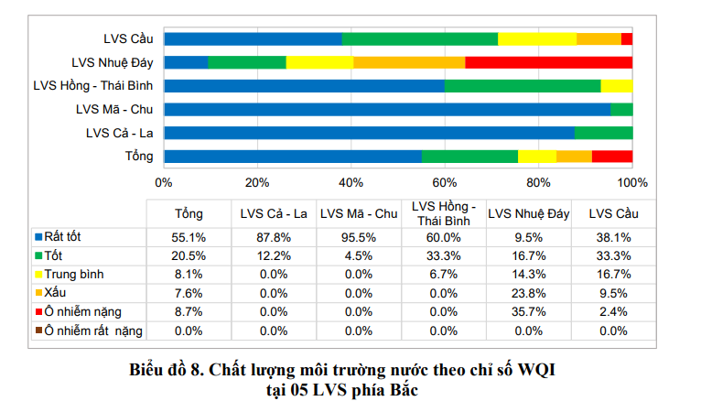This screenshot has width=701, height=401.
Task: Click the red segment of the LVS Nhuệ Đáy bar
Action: pyautogui.click(x=548, y=62)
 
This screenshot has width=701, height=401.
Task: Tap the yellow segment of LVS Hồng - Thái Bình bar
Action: pyautogui.click(x=616, y=86)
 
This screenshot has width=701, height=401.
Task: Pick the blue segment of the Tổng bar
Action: pyautogui.click(x=293, y=156)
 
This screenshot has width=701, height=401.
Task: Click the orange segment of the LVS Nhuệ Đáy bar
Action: pyautogui.click(x=409, y=62)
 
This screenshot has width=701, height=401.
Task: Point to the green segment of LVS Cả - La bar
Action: pyautogui.click(x=603, y=133)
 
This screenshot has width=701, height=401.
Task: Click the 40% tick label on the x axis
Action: pyautogui.click(x=351, y=182)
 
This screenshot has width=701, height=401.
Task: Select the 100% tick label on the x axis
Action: pyautogui.click(x=632, y=182)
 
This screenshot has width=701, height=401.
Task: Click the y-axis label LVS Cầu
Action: pyautogui.click(x=128, y=38)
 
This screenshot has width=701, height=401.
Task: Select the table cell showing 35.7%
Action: pyautogui.click(x=529, y=312)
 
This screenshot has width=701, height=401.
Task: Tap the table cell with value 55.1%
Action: pyautogui.click(x=189, y=235)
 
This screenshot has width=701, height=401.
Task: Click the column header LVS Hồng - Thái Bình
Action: pyautogui.click(x=444, y=213)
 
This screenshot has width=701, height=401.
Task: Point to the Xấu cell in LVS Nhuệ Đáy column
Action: pyautogui.click(x=529, y=293)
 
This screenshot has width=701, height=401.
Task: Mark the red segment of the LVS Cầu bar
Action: pyautogui.click(x=627, y=38)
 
